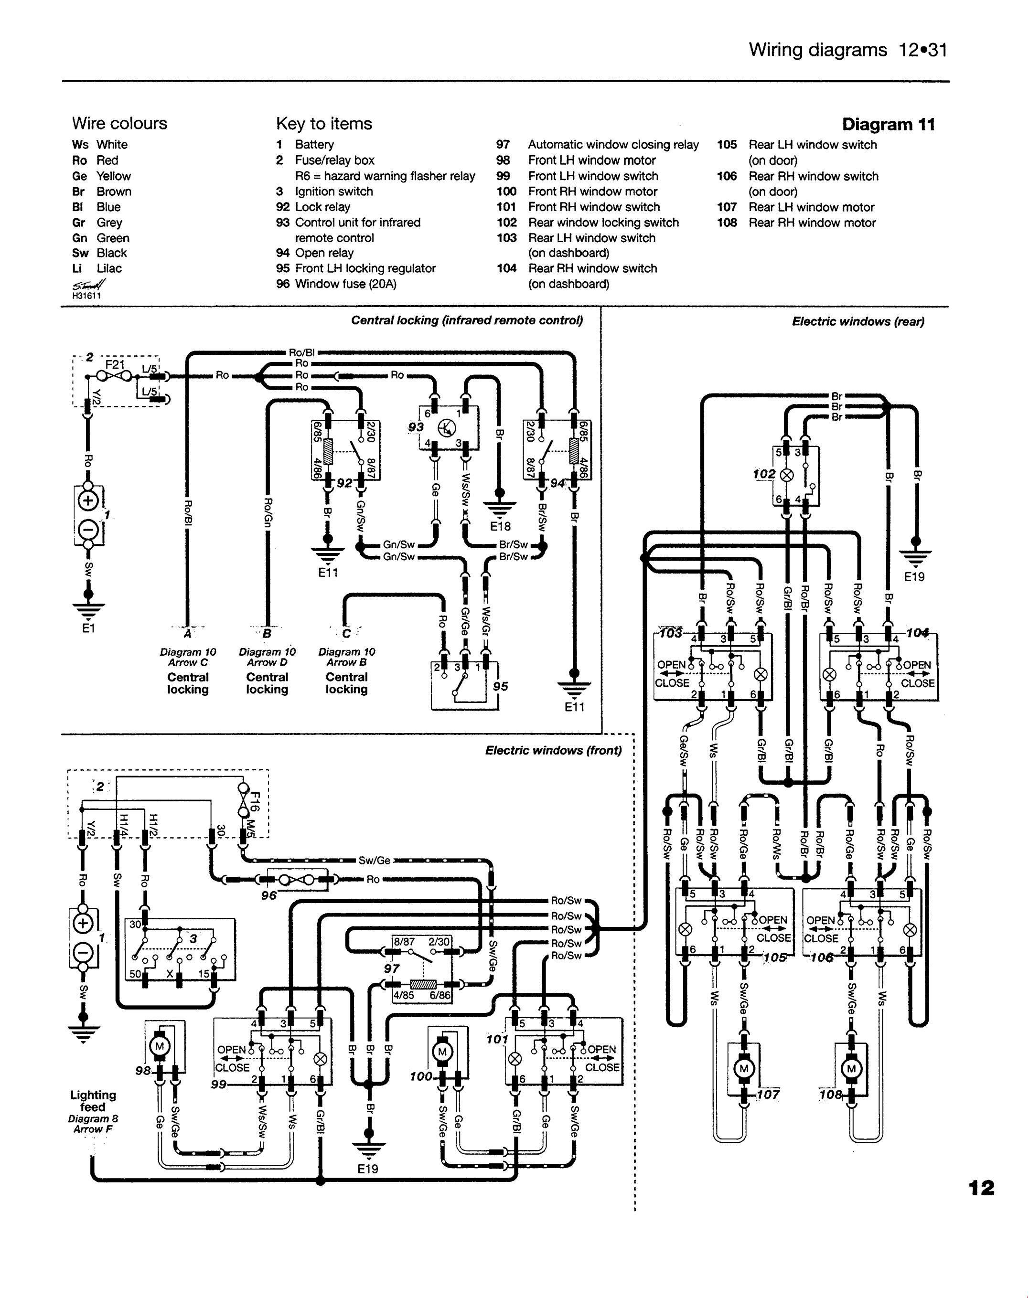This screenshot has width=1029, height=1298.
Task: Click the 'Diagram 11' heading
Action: coord(888,125)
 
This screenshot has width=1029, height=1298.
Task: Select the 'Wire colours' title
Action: coord(119,123)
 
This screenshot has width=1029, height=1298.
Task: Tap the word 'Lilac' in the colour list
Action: coord(109,268)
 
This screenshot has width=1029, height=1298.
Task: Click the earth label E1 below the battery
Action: coord(88,628)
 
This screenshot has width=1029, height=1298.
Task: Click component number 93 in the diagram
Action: coord(416,427)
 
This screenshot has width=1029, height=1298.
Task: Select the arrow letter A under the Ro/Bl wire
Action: coord(188,633)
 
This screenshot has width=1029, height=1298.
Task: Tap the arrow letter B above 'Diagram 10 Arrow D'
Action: coord(267,633)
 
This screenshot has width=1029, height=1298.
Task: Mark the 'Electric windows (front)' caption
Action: coord(553,751)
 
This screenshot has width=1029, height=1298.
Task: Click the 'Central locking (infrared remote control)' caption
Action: coord(467,320)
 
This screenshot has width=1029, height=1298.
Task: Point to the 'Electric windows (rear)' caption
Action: coord(858,321)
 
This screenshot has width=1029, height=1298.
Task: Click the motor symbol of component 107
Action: coord(744,1069)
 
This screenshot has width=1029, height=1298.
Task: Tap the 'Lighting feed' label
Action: coord(93,1101)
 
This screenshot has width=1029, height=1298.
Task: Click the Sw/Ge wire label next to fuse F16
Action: coord(375,860)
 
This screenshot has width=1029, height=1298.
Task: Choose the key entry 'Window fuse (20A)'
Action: coord(345,284)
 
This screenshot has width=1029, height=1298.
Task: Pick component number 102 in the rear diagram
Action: coord(764,474)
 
